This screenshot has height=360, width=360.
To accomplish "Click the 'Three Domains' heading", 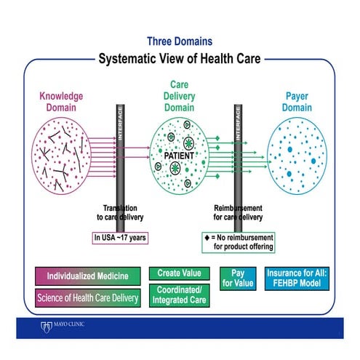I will pos(180,41).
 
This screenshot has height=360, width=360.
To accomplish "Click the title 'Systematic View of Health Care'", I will pos(180,58).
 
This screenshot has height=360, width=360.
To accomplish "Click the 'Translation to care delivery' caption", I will pos(120,211).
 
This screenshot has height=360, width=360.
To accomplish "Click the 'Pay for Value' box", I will pos(237,277).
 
